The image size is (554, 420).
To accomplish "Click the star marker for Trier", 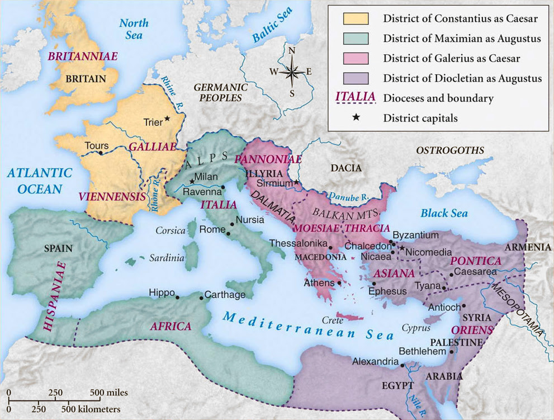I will coord(167,119).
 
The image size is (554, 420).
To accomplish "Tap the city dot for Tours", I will coord(101,153).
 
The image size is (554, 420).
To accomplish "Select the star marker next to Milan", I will coord(192,181).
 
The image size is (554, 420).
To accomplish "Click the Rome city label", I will coord(212,229).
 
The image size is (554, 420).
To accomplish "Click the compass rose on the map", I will coord(292,72).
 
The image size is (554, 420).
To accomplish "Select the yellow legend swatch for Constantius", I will coord(356,18).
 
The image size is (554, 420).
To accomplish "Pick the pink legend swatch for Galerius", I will coord(356,58).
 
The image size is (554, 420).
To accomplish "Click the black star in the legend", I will coord(356,118).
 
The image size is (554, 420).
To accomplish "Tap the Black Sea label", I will coord(444,213).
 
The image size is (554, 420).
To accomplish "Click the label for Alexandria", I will coord(375,361).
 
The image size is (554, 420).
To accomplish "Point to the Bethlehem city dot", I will coord(451,352).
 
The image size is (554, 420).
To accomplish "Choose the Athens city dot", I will coord(339,284).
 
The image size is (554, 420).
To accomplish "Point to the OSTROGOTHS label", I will coord(450,150).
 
